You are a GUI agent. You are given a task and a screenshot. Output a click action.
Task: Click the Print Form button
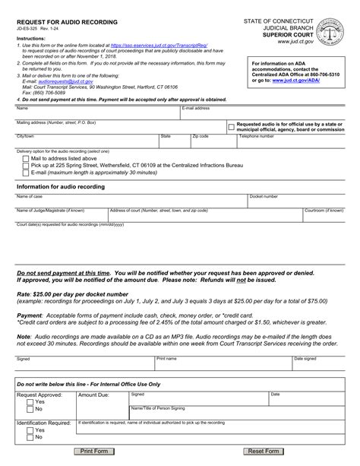[94, 452]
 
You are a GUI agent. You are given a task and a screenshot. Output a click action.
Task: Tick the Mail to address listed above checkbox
[26, 159]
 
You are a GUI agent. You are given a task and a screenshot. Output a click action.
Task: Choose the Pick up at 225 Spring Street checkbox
[26, 166]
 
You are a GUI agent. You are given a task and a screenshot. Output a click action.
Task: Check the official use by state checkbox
[231, 127]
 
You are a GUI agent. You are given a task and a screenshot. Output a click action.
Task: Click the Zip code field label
[201, 136]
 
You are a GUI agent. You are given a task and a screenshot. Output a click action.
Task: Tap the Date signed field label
[305, 358]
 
